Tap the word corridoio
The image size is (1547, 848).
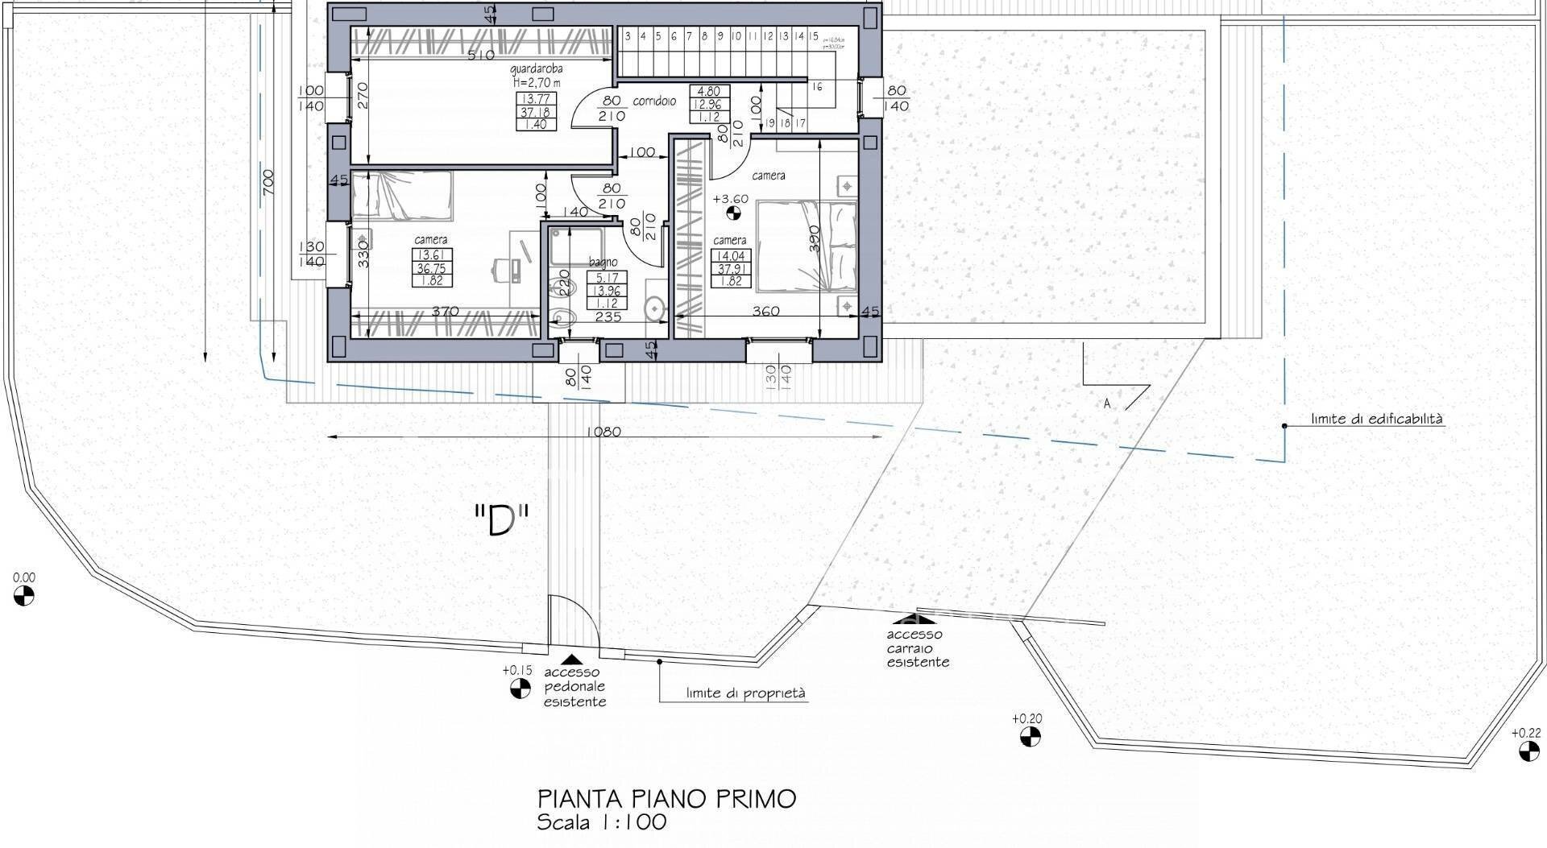[654, 101]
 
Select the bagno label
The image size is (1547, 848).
[603, 262]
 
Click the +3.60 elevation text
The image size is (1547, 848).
[731, 199]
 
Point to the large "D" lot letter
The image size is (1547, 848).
[500, 522]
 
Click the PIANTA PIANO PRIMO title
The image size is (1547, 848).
[666, 799]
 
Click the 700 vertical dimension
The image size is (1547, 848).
[268, 181]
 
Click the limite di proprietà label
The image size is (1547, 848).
[745, 693]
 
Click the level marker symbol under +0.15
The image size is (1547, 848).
[520, 689]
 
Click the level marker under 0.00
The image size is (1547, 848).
[24, 596]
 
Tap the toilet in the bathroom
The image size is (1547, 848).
[561, 320]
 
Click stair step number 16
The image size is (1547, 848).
[817, 86]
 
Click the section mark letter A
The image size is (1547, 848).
[1107, 403]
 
